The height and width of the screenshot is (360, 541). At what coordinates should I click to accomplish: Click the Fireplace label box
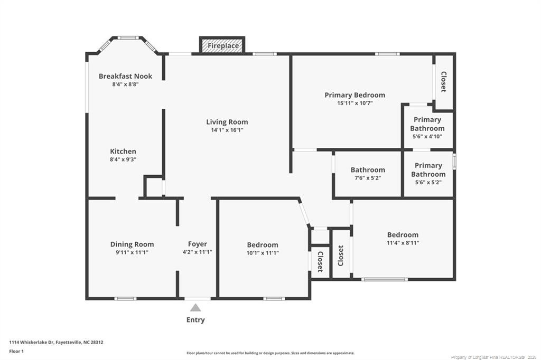(x=222, y=46)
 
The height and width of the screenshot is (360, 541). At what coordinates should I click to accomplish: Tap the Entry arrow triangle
(x=195, y=308)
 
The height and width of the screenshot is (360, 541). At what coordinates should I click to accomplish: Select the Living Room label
(x=227, y=122)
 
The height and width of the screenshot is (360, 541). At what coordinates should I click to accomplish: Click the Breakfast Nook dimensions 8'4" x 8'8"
(x=125, y=84)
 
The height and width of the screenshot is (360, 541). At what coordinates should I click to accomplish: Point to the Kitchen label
(x=123, y=151)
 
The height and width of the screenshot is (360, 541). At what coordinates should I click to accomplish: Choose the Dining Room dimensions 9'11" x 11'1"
(x=132, y=252)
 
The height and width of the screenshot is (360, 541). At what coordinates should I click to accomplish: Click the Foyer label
(x=198, y=244)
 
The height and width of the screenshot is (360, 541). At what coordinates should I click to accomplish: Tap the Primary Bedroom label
(x=355, y=95)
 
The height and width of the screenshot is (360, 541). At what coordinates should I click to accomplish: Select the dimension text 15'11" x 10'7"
(x=355, y=103)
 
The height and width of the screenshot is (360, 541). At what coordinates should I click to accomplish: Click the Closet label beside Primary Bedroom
(x=444, y=82)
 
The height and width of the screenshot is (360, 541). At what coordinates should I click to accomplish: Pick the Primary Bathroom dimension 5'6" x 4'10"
(x=427, y=136)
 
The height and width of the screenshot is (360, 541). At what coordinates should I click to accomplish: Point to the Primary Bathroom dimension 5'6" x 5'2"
(x=427, y=182)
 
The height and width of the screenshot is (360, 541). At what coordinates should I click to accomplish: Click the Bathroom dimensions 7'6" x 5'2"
(x=368, y=178)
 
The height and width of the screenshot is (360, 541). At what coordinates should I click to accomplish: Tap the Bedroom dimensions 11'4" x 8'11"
(x=403, y=243)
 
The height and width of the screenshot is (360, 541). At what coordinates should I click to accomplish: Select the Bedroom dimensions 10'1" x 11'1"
(x=263, y=253)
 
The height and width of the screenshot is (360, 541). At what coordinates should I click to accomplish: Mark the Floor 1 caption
(x=16, y=351)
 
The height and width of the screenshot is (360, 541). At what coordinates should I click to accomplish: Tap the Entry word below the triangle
(x=195, y=320)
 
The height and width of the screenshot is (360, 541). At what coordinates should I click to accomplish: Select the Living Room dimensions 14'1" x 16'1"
(x=227, y=130)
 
